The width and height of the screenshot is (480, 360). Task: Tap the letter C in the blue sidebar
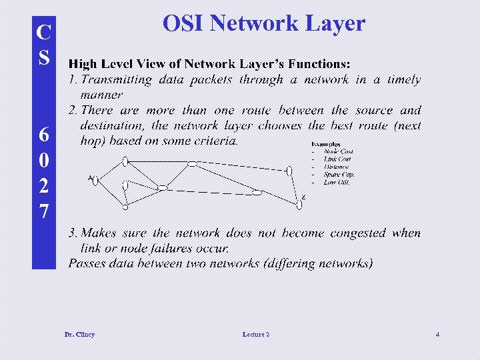point(43,32)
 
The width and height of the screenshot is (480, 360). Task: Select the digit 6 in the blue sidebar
point(43,135)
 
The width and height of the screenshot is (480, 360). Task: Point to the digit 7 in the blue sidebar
point(43,211)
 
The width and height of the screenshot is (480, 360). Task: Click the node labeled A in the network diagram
point(95,180)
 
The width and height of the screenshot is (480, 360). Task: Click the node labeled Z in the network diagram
point(299,205)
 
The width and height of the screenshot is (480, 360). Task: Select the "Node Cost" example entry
point(339,152)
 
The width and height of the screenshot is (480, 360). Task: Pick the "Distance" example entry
point(336,167)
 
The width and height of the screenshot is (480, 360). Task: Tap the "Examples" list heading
point(325,144)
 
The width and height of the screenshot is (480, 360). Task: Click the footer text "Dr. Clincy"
point(79,334)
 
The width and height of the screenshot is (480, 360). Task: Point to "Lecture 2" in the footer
point(256,334)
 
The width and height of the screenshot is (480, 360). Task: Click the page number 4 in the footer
point(437,334)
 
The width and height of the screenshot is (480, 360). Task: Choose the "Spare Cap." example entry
point(339,175)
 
